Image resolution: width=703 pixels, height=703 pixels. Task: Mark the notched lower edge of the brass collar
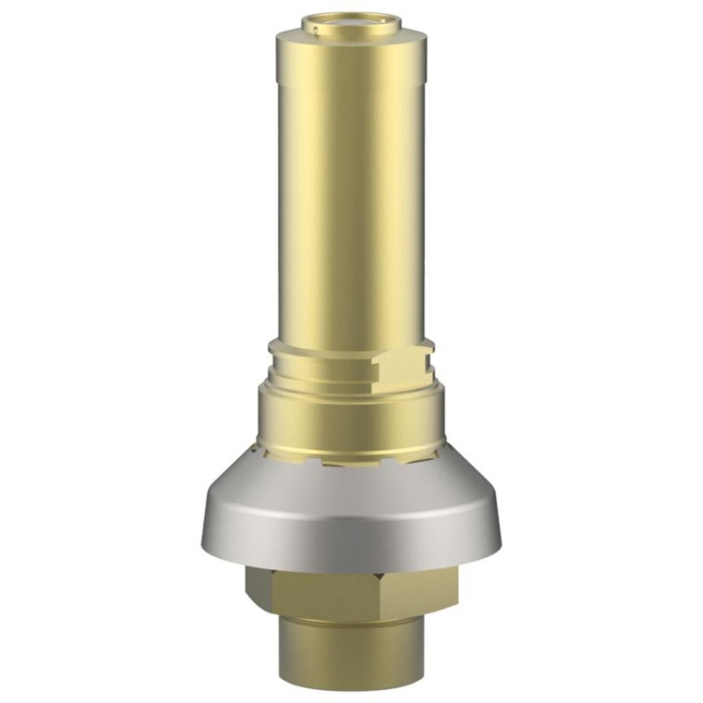pos(351,460)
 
